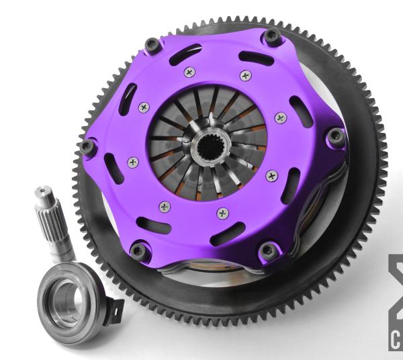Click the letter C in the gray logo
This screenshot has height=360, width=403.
[396, 340]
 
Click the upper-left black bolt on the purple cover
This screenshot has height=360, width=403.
[152, 44]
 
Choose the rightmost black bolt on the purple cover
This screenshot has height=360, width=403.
[336, 138]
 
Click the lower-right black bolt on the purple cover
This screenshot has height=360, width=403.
[268, 251]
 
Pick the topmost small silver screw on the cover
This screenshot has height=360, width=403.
[189, 72]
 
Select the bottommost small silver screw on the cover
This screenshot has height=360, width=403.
[222, 213]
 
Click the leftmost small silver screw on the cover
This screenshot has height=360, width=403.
[133, 162]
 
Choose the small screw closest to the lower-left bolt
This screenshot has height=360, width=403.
[164, 206]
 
